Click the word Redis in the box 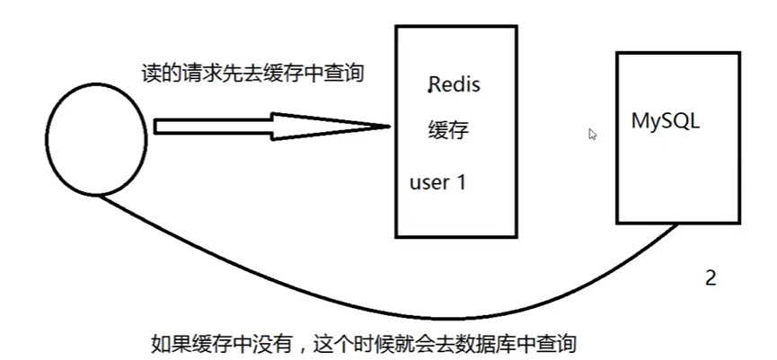[x=455, y=86]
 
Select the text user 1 [x=437, y=182]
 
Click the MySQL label [x=667, y=121]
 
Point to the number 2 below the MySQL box [x=711, y=278]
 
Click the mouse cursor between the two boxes [x=593, y=134]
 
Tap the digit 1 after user [x=462, y=182]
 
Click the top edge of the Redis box [x=456, y=26]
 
